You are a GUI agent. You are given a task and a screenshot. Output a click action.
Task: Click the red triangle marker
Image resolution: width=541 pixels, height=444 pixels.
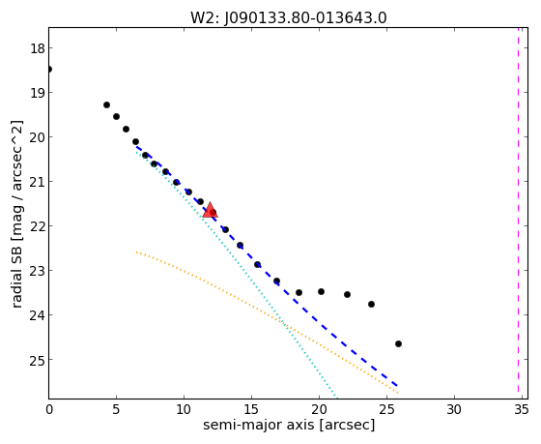click(210, 211)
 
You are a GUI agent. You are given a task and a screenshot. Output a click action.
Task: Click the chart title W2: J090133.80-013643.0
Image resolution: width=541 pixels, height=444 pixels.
click(289, 18)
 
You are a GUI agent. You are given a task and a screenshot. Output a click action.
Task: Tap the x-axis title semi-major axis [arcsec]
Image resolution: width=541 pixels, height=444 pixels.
click(289, 425)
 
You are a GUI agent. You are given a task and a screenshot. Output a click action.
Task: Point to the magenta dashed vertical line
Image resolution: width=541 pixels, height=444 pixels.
click(518, 210)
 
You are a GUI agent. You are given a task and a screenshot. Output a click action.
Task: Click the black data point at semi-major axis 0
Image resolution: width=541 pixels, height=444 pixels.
click(49, 69)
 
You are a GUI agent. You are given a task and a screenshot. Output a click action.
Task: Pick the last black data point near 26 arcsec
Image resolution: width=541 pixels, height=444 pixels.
click(398, 343)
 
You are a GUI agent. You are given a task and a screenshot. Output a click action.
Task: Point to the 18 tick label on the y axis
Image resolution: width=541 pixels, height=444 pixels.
click(38, 48)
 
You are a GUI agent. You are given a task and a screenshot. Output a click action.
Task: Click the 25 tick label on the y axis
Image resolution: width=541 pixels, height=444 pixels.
click(38, 360)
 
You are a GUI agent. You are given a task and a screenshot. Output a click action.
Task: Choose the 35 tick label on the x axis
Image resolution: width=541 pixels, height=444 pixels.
click(521, 410)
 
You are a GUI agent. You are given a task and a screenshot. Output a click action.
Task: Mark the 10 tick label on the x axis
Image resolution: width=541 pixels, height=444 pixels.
click(184, 410)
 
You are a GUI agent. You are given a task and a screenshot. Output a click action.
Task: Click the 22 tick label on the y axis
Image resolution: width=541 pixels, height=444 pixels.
click(38, 226)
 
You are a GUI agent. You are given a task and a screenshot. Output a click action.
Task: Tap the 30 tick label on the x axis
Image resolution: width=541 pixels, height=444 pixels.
click(454, 410)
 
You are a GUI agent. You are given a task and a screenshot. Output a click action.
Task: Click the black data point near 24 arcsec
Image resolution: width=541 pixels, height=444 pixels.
click(371, 304)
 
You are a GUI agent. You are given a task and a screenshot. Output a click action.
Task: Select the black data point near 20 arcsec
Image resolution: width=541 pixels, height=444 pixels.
click(321, 291)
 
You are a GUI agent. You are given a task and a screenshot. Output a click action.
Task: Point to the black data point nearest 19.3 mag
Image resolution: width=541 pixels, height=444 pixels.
click(106, 104)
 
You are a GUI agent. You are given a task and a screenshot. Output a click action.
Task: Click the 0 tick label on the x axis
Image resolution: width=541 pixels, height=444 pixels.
click(49, 410)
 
